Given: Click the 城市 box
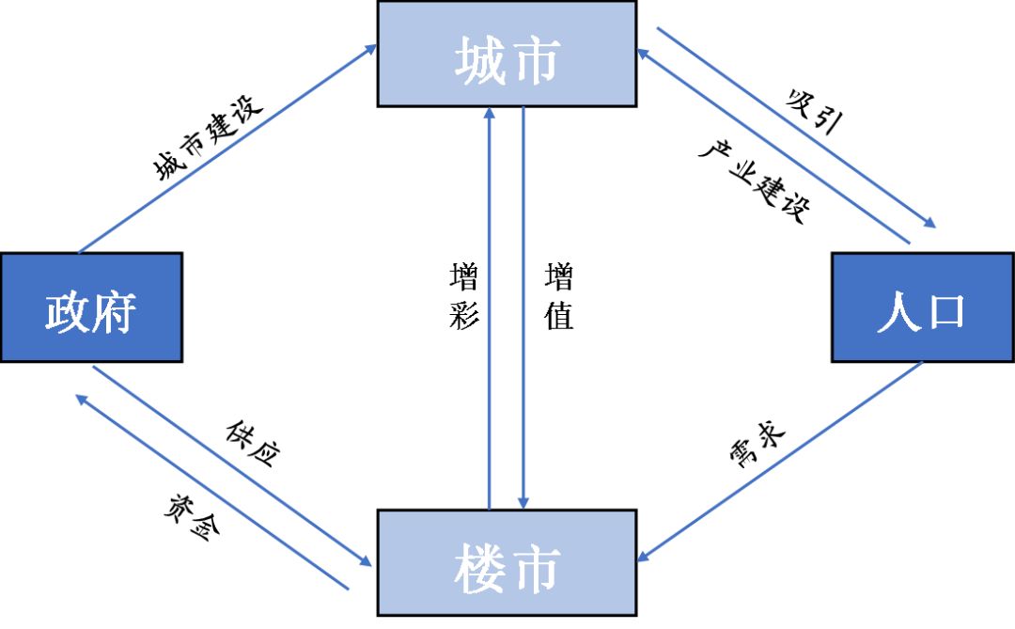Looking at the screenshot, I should [507, 55].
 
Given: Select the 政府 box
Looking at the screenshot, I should [91, 307].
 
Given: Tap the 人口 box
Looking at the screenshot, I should [922, 307].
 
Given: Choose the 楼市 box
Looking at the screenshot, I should [507, 563].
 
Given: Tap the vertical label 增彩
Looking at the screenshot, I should [464, 296].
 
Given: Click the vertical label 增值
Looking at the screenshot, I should [559, 296].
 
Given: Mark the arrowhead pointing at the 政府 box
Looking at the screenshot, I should [83, 400].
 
